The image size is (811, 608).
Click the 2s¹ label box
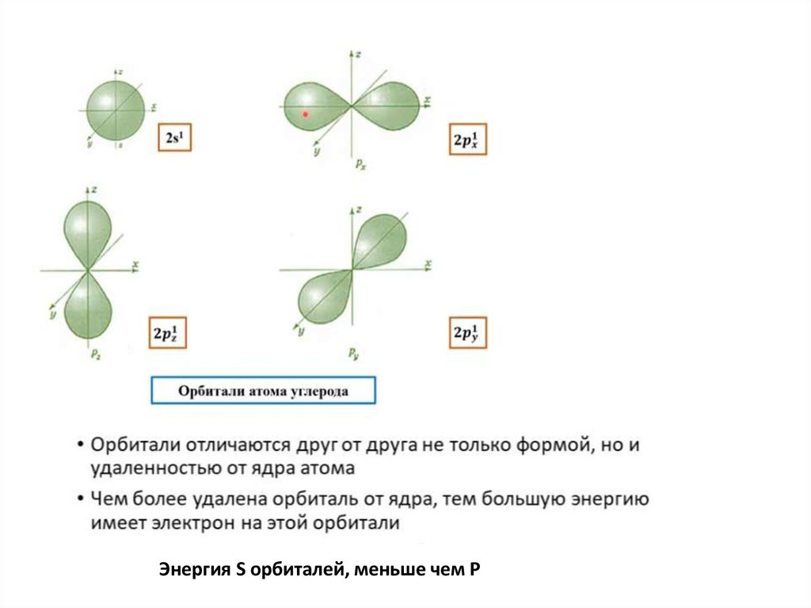(x=175, y=138)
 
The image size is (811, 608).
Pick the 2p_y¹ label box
(x=469, y=333)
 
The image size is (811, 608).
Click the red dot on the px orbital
(x=305, y=114)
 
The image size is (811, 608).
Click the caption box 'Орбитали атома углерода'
(x=262, y=391)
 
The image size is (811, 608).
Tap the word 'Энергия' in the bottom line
(x=194, y=569)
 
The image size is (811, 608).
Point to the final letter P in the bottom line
(x=476, y=569)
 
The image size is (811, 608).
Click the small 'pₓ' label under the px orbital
(x=360, y=165)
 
